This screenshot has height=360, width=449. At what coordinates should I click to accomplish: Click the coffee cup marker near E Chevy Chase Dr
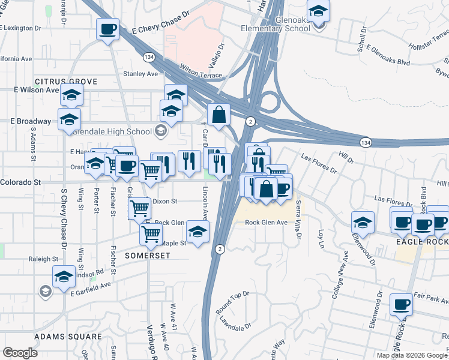107,29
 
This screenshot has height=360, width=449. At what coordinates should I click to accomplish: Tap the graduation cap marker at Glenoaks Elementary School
318,11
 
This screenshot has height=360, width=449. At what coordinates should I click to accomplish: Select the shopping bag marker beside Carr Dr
219,114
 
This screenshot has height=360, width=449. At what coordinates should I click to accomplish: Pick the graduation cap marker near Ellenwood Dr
363,223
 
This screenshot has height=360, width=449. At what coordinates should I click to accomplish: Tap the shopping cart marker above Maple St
151,233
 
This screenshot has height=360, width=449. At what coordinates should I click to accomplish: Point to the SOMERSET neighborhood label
148,255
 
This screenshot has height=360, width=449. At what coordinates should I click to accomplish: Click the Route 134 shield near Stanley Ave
148,56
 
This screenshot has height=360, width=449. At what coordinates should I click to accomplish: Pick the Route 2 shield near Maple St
220,248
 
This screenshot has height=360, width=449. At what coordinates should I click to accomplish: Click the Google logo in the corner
20,352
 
